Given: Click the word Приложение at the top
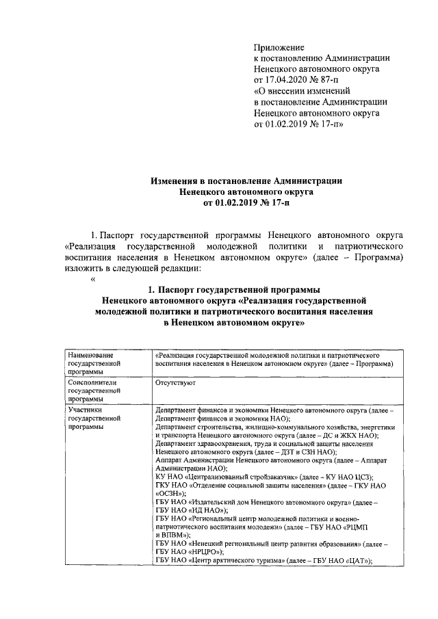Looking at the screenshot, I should pyautogui.click(x=279, y=47).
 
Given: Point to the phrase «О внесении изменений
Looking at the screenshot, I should pyautogui.click(x=302, y=91).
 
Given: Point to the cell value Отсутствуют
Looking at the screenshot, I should pyautogui.click(x=175, y=383).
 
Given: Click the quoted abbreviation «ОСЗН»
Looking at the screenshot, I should pyautogui.click(x=168, y=492).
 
